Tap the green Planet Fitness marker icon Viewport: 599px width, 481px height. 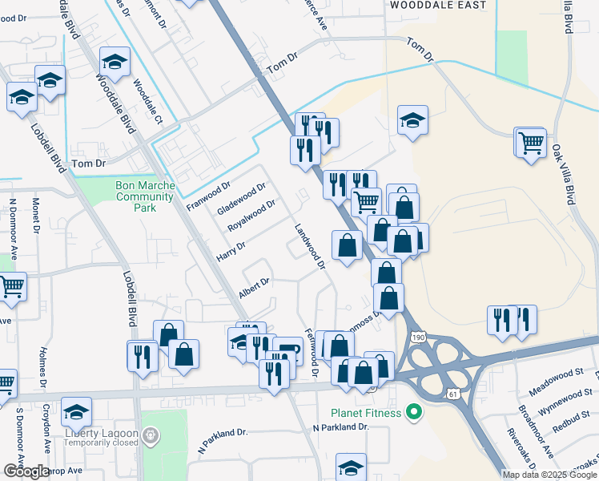tap(414, 414)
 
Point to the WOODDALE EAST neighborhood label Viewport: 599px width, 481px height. tap(436, 5)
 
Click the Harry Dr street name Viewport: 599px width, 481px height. tap(231, 250)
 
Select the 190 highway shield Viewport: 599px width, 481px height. tap(417, 338)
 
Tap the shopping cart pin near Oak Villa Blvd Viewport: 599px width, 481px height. tap(530, 143)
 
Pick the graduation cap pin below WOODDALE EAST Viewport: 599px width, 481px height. tap(413, 120)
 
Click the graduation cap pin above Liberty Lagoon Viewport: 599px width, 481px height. tap(77, 411)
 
